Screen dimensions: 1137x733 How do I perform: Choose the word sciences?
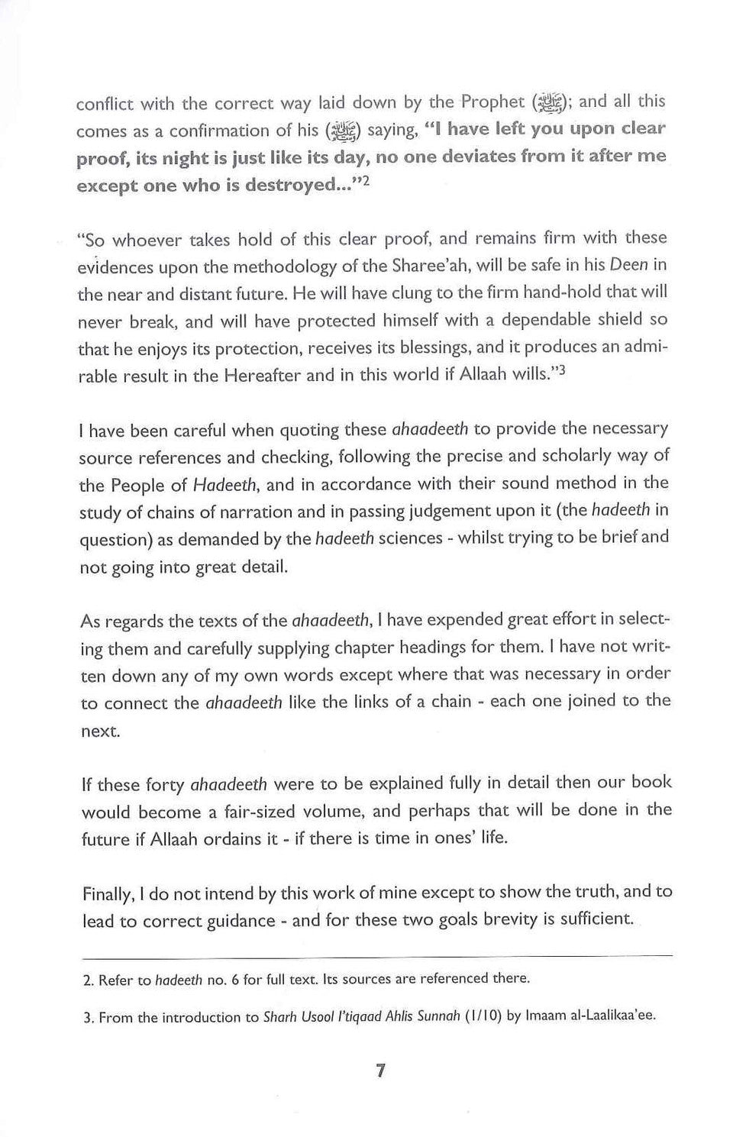pyautogui.click(x=410, y=539)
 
